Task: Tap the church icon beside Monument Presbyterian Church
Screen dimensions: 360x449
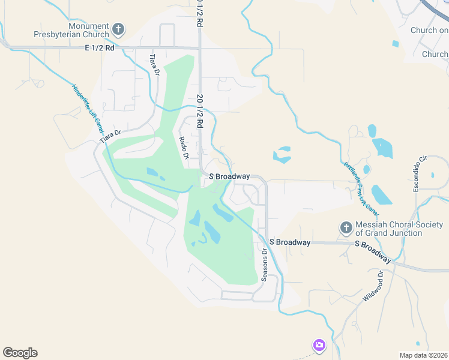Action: coord(119,28)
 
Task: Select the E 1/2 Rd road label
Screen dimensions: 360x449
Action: coord(100,47)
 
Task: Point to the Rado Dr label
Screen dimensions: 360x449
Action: coord(184,148)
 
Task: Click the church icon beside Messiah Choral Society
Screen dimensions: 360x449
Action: coord(345,227)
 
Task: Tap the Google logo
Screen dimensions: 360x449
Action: coord(20,353)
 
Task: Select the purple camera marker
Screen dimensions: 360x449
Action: coord(319,345)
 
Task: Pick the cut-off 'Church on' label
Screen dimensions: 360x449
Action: coord(429,31)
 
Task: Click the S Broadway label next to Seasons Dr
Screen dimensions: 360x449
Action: coord(289,242)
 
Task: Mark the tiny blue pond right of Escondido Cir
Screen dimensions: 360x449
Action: coord(432,176)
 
